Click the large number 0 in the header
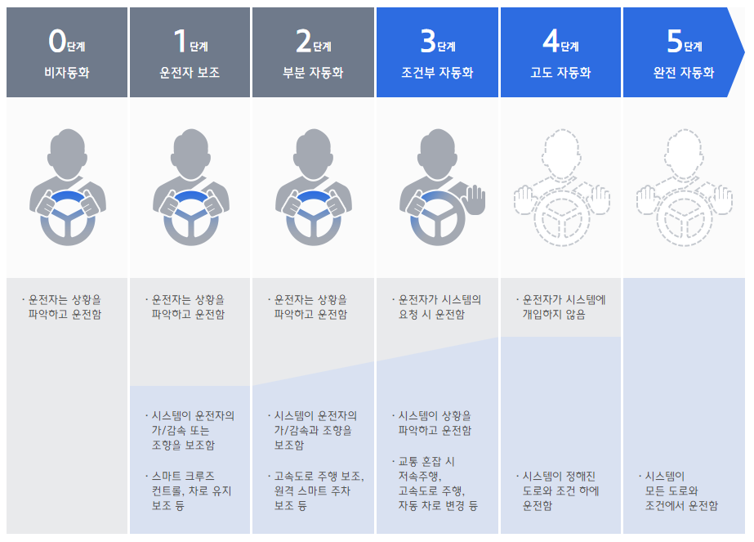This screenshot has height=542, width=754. tap(56, 40)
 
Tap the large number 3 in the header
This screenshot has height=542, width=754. tap(426, 40)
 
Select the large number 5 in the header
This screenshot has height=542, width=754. tap(673, 40)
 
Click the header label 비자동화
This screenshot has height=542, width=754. tap(66, 72)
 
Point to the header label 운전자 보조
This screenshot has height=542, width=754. tap(190, 72)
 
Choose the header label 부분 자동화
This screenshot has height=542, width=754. tap(314, 72)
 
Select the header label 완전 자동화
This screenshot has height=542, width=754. tap(684, 72)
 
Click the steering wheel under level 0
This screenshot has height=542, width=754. tap(68, 216)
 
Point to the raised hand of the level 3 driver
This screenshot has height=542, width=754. tap(474, 199)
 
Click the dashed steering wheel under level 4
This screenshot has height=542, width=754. tap(561, 217)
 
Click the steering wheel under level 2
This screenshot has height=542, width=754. tap(314, 216)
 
